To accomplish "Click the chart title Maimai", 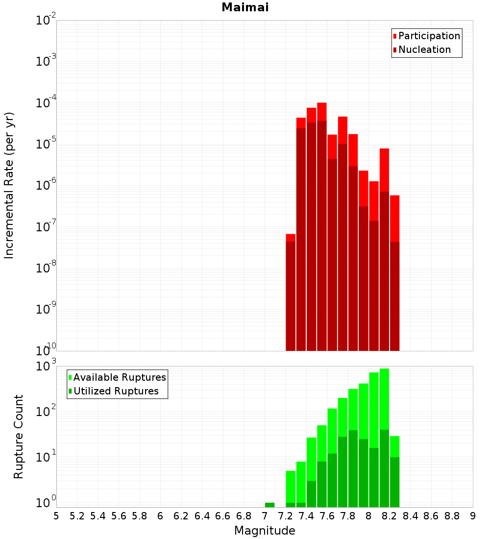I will pyautogui.click(x=245, y=8).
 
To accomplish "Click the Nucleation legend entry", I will pyautogui.click(x=424, y=50).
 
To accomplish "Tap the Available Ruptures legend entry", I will pyautogui.click(x=120, y=378).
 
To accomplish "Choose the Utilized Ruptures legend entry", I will pyautogui.click(x=116, y=392).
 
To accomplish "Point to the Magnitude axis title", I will pyautogui.click(x=265, y=531).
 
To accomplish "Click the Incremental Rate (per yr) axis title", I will pyautogui.click(x=9, y=185).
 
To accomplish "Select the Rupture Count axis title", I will pyautogui.click(x=19, y=437).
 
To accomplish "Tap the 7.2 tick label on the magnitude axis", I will pyautogui.click(x=285, y=516).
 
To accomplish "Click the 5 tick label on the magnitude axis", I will pyautogui.click(x=56, y=516).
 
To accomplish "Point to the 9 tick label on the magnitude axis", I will pyautogui.click(x=473, y=516).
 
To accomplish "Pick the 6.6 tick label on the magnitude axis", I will pyautogui.click(x=223, y=516).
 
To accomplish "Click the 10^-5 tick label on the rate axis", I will pyautogui.click(x=46, y=144).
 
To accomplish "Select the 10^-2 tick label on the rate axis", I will pyautogui.click(x=46, y=21).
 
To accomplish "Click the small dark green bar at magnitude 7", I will pyautogui.click(x=269, y=505).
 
